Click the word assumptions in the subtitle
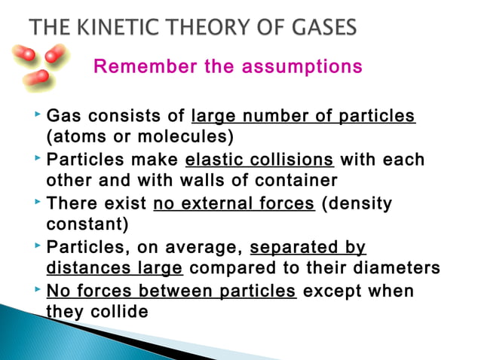(x=300, y=67)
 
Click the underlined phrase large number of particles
(x=304, y=117)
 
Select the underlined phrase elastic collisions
(x=259, y=160)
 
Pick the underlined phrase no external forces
(x=234, y=204)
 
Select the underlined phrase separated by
(x=308, y=248)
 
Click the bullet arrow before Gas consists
(x=37, y=116)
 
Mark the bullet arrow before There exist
(x=37, y=203)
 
